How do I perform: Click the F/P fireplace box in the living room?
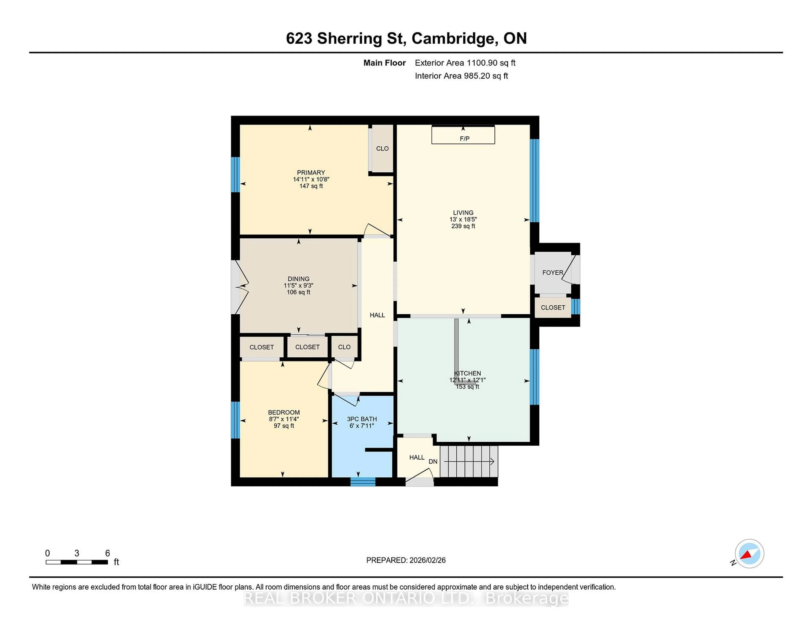click(x=463, y=135)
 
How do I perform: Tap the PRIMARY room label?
click(x=311, y=173)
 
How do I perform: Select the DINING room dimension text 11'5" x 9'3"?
click(x=299, y=286)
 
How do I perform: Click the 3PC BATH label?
click(x=362, y=419)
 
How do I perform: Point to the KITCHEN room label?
click(x=467, y=373)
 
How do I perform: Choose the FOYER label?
click(x=553, y=273)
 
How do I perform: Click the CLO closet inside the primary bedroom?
click(x=382, y=149)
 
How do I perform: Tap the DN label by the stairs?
click(x=433, y=462)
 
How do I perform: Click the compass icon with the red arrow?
click(x=749, y=554)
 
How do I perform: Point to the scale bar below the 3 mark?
click(x=77, y=562)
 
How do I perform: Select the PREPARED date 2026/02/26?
click(x=427, y=560)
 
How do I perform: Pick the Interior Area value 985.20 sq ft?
click(x=486, y=76)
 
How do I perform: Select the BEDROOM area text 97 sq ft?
click(x=284, y=426)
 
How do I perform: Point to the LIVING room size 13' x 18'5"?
click(x=463, y=219)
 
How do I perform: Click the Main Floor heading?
click(x=384, y=63)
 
